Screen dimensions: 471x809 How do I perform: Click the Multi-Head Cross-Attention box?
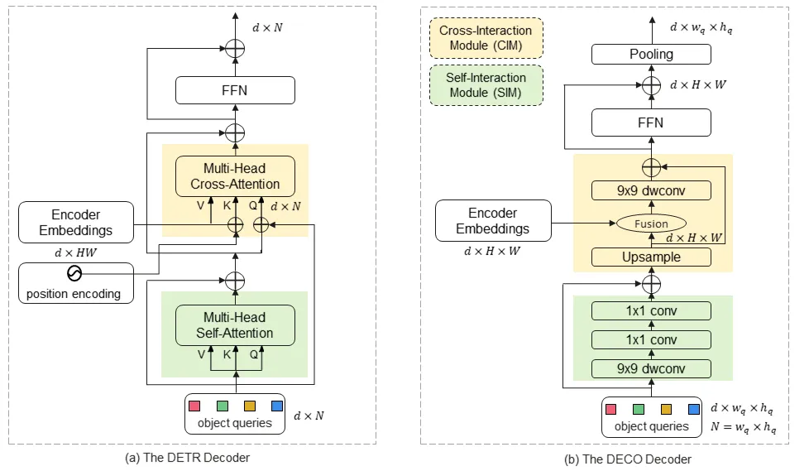[236, 176]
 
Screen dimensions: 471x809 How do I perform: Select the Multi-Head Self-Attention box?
[236, 325]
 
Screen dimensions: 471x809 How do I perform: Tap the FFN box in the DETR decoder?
[236, 89]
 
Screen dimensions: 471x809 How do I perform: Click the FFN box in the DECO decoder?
[652, 123]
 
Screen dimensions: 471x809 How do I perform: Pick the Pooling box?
[652, 55]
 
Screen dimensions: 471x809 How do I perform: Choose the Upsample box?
[652, 257]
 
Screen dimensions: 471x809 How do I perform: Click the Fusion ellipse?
[652, 223]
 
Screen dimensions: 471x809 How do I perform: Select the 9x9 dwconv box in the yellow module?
[652, 191]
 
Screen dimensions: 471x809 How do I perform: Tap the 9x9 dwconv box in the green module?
[652, 369]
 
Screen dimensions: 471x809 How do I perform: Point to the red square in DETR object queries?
[195, 406]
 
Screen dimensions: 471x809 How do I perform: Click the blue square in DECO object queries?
[693, 409]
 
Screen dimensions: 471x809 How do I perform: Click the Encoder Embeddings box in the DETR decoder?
[76, 222]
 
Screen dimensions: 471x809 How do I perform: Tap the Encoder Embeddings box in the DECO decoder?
[493, 221]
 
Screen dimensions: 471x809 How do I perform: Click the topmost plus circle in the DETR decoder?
[237, 49]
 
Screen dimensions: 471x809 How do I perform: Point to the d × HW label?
[76, 252]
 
